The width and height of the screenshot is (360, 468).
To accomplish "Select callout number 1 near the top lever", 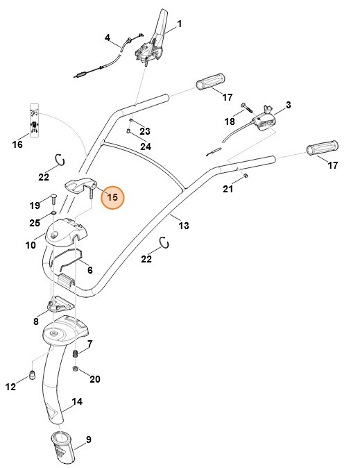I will [179, 24].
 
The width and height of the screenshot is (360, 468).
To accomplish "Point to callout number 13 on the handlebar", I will [184, 225].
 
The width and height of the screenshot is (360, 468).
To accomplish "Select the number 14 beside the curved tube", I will [78, 402].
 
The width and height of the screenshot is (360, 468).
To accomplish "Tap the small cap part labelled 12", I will [31, 376].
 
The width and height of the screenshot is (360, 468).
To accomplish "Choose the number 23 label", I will [144, 131].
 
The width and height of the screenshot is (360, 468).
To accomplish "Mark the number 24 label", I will [146, 147].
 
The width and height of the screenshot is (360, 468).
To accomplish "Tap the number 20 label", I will [95, 379].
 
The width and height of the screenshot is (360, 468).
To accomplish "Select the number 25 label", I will [35, 222].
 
